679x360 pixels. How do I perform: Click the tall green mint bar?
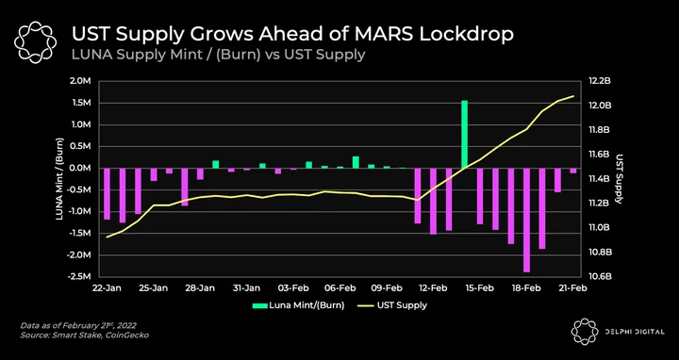[464, 134]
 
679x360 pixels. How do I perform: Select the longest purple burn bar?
[526, 220]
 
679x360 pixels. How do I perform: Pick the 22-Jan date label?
[107, 288]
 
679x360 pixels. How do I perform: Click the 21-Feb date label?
[573, 288]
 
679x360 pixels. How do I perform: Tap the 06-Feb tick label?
[339, 288]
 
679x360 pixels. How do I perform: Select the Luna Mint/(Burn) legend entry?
[298, 305]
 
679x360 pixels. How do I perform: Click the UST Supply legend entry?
[392, 305]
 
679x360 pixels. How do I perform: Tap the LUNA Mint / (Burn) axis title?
[59, 179]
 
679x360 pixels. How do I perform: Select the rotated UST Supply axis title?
[620, 179]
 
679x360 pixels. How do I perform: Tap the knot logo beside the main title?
[35, 41]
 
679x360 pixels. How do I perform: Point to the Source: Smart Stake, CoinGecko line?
[85, 335]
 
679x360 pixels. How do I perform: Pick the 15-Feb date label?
[480, 288]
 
